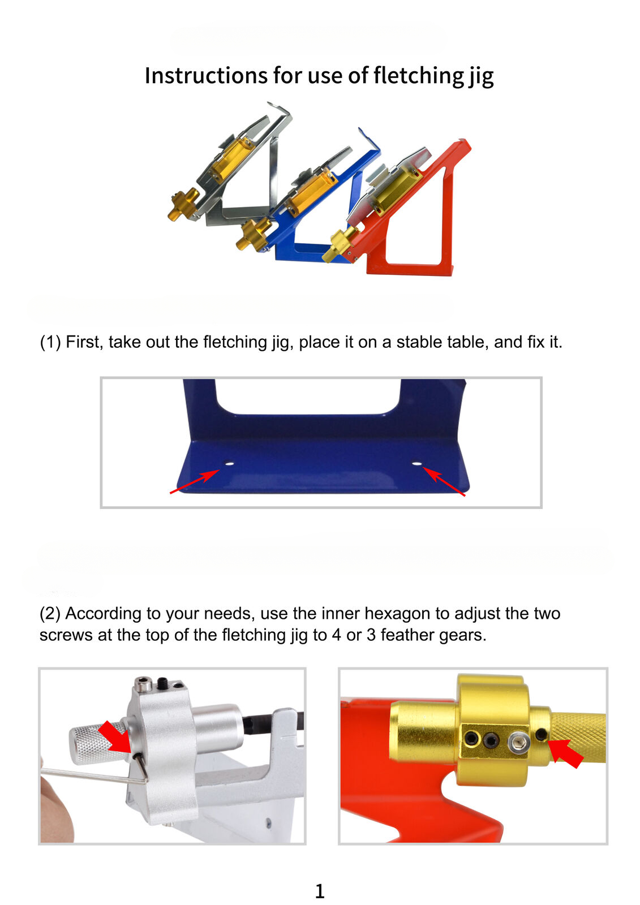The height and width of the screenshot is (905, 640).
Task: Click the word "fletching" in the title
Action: click(418, 76)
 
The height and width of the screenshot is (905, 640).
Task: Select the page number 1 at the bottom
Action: click(319, 891)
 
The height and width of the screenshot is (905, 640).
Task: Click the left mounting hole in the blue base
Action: click(229, 464)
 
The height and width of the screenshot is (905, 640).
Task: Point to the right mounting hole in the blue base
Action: click(417, 464)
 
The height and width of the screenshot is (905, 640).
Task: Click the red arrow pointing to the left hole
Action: click(195, 481)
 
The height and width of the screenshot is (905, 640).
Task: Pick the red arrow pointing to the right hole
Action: click(444, 481)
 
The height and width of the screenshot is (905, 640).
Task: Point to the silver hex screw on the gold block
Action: click(519, 743)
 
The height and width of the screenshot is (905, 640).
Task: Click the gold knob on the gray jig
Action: click(183, 204)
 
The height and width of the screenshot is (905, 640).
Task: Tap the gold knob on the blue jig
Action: click(252, 235)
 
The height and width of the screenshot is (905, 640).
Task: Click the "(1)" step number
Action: click(50, 342)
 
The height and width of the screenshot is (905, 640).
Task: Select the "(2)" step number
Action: click(50, 613)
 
